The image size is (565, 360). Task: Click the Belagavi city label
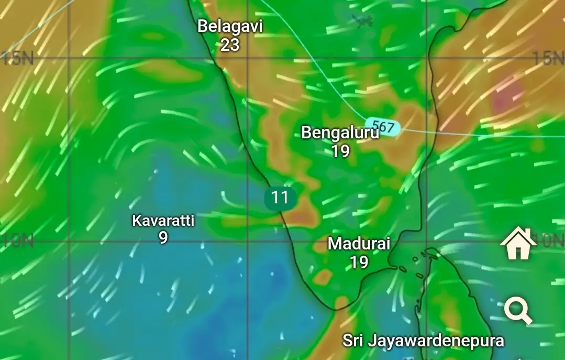click(229, 26)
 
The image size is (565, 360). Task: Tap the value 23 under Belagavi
click(229, 45)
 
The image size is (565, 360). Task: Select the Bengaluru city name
click(340, 133)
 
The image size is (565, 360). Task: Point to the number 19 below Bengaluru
click(340, 151)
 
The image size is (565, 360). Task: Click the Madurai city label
click(359, 244)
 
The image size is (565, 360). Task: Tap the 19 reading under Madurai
click(359, 262)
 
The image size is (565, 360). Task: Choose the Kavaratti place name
click(163, 221)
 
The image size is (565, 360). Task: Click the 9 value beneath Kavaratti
click(163, 238)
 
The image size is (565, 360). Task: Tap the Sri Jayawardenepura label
click(423, 341)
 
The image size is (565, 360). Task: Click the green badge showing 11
click(280, 198)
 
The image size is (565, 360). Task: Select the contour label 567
click(383, 127)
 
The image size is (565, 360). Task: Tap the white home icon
click(518, 244)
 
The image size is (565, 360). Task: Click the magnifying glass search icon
click(518, 311)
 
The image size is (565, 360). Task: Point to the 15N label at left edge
click(17, 58)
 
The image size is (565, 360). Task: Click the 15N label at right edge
click(549, 58)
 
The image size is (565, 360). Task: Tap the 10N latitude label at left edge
click(17, 241)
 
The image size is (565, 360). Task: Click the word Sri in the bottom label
click(353, 341)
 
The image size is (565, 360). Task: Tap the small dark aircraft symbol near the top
click(362, 21)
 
